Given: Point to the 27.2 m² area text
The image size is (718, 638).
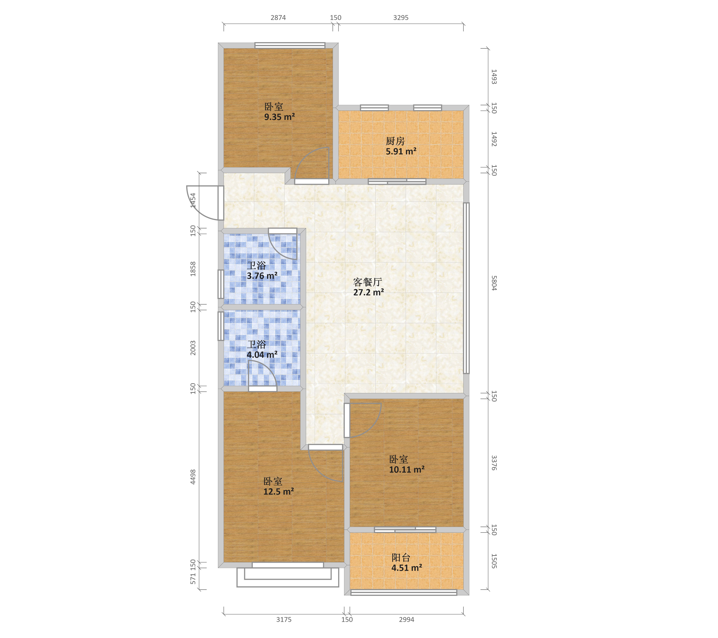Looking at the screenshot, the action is (x=368, y=292).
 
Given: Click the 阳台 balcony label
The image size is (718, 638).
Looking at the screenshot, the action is (x=401, y=558).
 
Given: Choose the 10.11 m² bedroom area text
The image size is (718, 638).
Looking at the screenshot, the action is (x=407, y=469).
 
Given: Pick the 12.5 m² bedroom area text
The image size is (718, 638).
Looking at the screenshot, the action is (x=279, y=492).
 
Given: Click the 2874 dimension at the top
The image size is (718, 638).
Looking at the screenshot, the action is (x=278, y=18).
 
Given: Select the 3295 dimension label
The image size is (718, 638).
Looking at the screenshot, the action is (x=401, y=18).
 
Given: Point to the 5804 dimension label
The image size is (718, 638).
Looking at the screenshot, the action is (x=494, y=283).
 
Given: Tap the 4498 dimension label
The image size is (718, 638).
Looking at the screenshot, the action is (x=193, y=477).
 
